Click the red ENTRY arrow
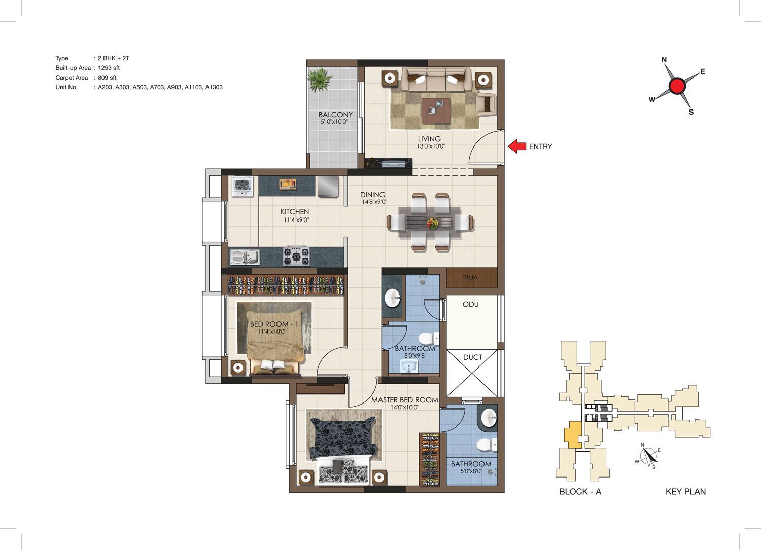point(517,146)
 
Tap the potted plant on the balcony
point(319,80)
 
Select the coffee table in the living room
point(436,111)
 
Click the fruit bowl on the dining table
point(432,224)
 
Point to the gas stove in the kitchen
point(297,256)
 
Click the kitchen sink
point(245,257)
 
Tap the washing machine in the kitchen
point(243,186)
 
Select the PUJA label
point(470,277)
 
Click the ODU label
point(470,304)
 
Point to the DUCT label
point(472,357)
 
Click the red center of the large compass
point(677,86)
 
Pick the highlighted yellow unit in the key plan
point(573,434)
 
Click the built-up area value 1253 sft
point(109,68)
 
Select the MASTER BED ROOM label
point(405,400)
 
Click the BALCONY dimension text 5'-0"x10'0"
point(334,122)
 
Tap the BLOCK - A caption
point(580,491)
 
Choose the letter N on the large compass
point(664,60)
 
